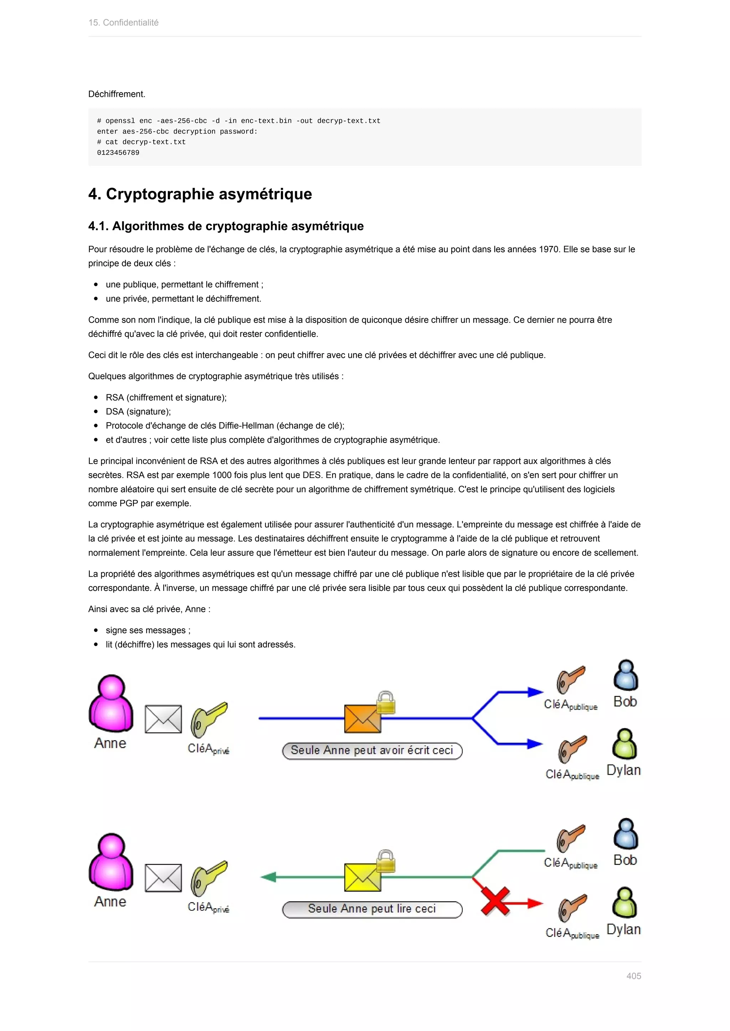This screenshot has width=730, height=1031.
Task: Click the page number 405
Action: pyautogui.click(x=633, y=976)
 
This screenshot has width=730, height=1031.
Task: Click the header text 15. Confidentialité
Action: pyautogui.click(x=124, y=22)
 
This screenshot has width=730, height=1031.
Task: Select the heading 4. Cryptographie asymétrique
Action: pyautogui.click(x=200, y=194)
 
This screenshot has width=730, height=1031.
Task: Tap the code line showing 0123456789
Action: pyautogui.click(x=118, y=153)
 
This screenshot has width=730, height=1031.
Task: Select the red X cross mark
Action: pyautogui.click(x=495, y=901)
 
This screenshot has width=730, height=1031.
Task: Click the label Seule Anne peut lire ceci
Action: pyautogui.click(x=372, y=909)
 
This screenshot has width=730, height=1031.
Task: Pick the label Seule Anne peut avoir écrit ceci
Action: pyautogui.click(x=372, y=750)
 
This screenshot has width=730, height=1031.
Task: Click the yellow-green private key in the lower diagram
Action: pyautogui.click(x=209, y=878)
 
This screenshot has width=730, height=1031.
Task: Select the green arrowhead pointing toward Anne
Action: pyautogui.click(x=269, y=876)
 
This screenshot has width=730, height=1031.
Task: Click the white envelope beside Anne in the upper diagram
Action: pyautogui.click(x=163, y=719)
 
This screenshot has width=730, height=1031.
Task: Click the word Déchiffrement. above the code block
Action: pyautogui.click(x=117, y=94)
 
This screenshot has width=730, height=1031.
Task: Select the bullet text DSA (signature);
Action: pyautogui.click(x=138, y=411)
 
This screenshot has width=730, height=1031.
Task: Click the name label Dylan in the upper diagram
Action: pyautogui.click(x=623, y=770)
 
